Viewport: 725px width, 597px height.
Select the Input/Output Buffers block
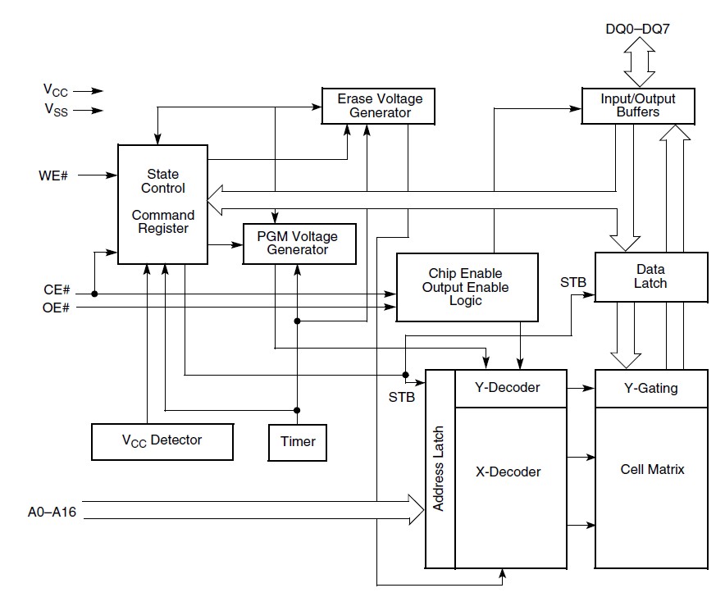(x=638, y=106)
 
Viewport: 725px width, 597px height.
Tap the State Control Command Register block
(x=162, y=203)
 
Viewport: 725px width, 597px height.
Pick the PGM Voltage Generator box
(x=299, y=243)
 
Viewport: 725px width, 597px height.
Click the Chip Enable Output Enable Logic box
(x=467, y=287)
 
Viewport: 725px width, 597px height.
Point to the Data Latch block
(x=650, y=276)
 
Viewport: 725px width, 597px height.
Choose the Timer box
(x=298, y=442)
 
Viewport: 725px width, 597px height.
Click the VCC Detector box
(x=162, y=440)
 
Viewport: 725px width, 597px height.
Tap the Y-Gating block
(x=650, y=388)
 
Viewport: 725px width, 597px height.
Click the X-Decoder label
(x=508, y=472)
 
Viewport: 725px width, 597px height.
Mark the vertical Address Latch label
(x=440, y=469)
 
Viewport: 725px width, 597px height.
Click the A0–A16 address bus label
(x=52, y=513)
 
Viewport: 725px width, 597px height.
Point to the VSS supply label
(x=57, y=111)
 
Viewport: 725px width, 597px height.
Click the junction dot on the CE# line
(x=96, y=293)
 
